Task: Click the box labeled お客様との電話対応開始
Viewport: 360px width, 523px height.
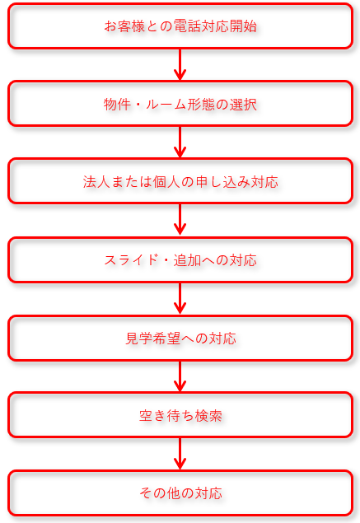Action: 180,26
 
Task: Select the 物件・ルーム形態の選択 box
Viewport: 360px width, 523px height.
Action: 180,104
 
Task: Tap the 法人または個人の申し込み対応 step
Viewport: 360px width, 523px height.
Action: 180,181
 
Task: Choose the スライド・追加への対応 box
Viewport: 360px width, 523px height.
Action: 180,259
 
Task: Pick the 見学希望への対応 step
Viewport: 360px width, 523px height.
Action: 180,339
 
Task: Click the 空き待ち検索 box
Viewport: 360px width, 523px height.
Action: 180,415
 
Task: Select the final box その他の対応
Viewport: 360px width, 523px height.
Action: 180,493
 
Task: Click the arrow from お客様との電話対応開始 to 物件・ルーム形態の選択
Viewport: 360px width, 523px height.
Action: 180,65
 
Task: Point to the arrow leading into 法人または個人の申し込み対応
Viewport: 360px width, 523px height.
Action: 180,142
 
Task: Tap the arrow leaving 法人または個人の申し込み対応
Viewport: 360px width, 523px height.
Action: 180,220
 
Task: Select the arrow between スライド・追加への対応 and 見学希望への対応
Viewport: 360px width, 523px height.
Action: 180,299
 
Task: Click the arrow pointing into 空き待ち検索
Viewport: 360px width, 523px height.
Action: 180,376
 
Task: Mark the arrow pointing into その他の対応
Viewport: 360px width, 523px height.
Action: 180,454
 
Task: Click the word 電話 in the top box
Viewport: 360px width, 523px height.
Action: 187,26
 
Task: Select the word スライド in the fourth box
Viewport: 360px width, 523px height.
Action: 131,260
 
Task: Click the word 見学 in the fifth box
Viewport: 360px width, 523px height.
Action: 138,339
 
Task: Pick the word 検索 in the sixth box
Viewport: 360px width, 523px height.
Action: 208,416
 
